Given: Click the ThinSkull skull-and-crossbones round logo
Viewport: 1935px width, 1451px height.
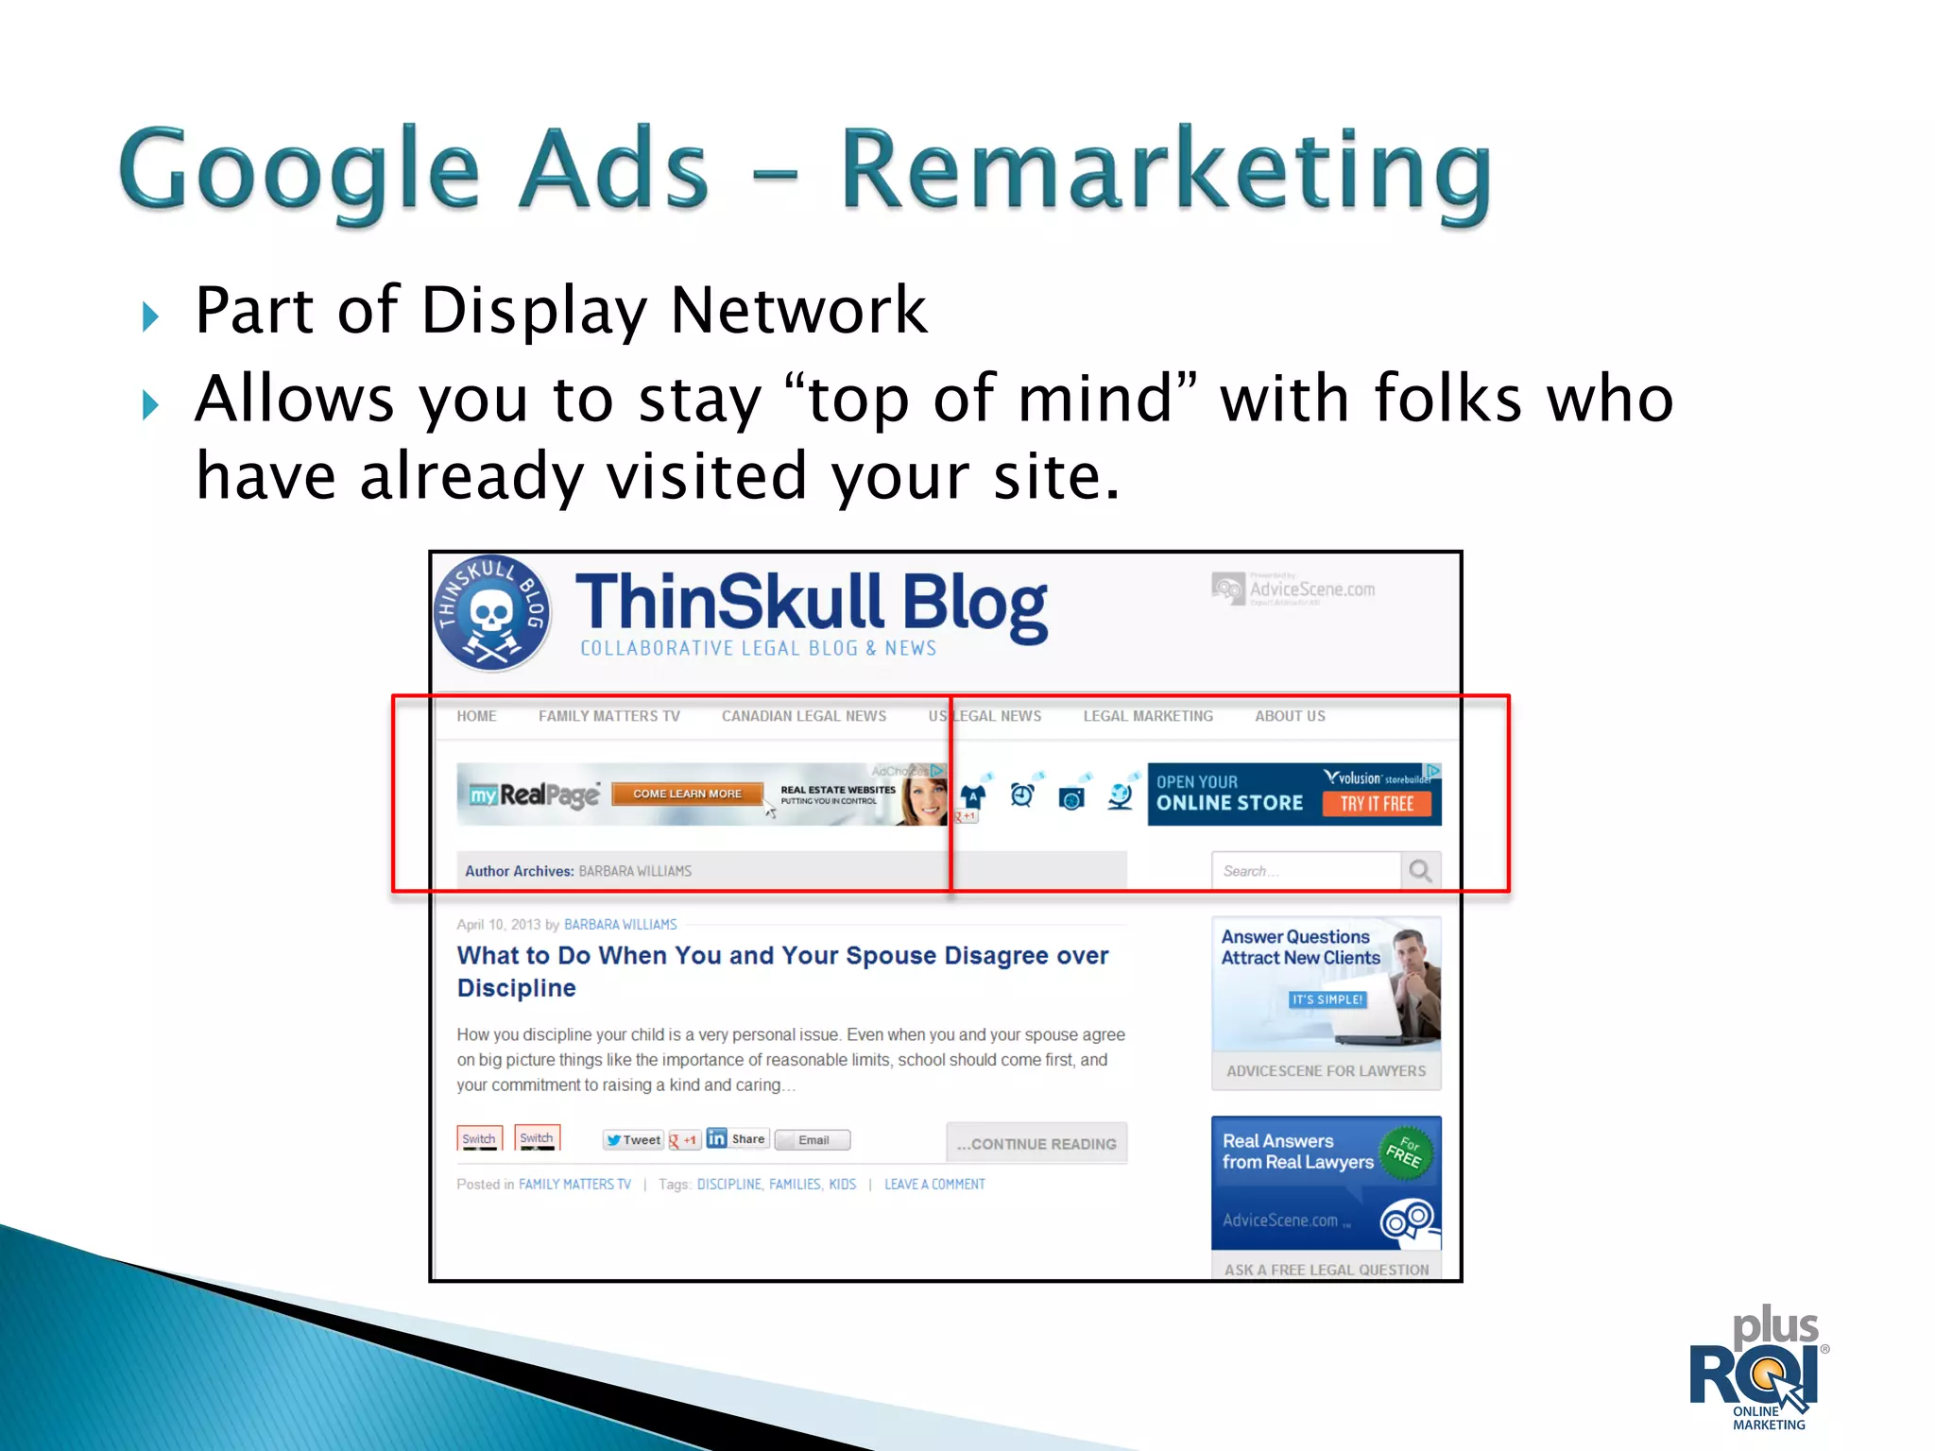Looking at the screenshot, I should click(x=492, y=613).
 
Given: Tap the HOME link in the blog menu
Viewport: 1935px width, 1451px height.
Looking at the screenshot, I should click(x=476, y=716).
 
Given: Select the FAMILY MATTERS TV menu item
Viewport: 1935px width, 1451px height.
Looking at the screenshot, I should click(x=609, y=716).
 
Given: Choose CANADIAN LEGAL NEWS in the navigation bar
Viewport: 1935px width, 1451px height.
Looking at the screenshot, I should click(x=804, y=716).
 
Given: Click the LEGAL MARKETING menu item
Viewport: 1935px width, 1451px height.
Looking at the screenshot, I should click(x=1148, y=716).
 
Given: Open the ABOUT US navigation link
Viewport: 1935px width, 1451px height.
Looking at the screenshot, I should click(x=1290, y=716).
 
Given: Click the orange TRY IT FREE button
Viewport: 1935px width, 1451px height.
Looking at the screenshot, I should click(x=1377, y=804).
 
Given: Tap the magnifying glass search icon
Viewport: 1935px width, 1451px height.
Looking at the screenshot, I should click(x=1420, y=870).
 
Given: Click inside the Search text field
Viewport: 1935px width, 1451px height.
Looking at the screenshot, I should click(x=1304, y=871).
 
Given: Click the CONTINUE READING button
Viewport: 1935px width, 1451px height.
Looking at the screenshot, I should click(x=1036, y=1144).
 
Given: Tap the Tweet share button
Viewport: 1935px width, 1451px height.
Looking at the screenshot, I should click(x=633, y=1140).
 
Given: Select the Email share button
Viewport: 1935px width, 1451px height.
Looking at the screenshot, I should click(x=813, y=1140).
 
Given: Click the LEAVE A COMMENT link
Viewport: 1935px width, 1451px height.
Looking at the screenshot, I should click(x=934, y=1185).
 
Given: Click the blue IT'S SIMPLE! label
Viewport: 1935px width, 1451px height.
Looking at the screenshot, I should click(x=1327, y=999).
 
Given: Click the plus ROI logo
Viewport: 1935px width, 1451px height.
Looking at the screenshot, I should click(x=1757, y=1370).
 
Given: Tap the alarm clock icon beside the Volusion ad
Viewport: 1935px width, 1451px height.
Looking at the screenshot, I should click(x=1021, y=795).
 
